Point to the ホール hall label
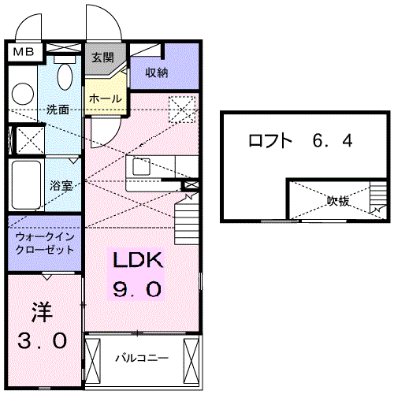point(106,98)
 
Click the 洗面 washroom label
point(58,109)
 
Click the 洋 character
point(42,312)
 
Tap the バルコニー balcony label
point(142,358)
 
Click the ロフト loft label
point(268,142)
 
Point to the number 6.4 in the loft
point(331,142)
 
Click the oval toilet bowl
point(65,77)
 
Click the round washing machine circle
point(21,93)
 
